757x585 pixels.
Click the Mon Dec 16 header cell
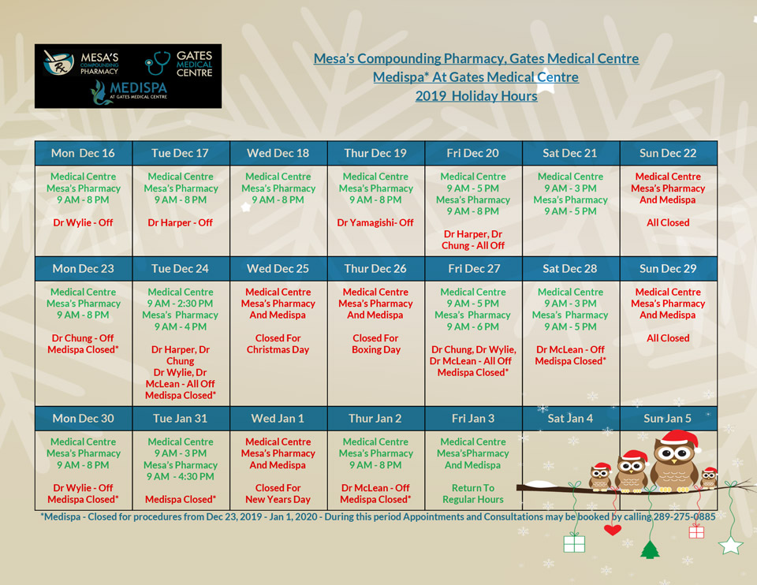point(84,153)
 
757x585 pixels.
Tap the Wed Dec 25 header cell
point(278,268)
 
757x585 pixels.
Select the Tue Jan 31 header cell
point(180,418)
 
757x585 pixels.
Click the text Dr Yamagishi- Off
point(375,222)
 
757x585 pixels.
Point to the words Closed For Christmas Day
point(278,344)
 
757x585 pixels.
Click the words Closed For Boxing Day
point(375,344)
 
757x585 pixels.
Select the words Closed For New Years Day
point(278,494)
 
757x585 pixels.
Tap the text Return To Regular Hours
point(473,494)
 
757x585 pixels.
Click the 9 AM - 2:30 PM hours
point(180,303)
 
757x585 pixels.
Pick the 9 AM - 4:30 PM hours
point(180,476)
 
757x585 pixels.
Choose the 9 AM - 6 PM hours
point(472,326)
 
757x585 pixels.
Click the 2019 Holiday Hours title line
point(476,96)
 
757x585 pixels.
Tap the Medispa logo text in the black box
point(138,88)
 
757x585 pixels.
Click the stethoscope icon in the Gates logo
point(157,63)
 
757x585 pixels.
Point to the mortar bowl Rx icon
point(58,63)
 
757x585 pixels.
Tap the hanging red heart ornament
point(613,530)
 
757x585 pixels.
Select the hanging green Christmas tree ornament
point(650,550)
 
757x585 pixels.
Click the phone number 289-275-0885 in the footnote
point(684,516)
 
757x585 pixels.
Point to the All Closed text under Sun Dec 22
point(668,222)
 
